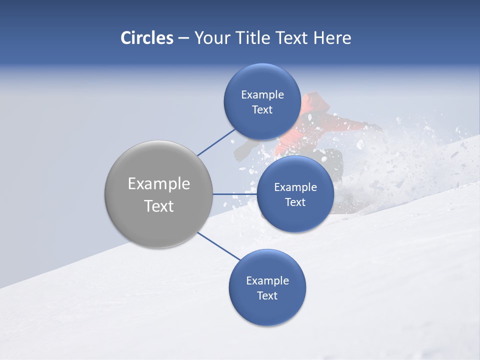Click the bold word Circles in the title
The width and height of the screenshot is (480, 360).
tap(146, 38)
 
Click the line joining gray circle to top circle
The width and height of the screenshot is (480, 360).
tap(216, 142)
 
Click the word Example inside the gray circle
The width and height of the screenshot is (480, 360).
tap(158, 184)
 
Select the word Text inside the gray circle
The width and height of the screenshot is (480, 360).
tap(158, 206)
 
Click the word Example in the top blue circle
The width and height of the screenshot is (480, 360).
tap(262, 95)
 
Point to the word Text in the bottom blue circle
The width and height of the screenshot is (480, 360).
tap(267, 295)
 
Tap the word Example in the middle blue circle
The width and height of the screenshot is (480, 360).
tap(295, 187)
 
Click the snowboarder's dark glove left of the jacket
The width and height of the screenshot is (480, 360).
tap(243, 150)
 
